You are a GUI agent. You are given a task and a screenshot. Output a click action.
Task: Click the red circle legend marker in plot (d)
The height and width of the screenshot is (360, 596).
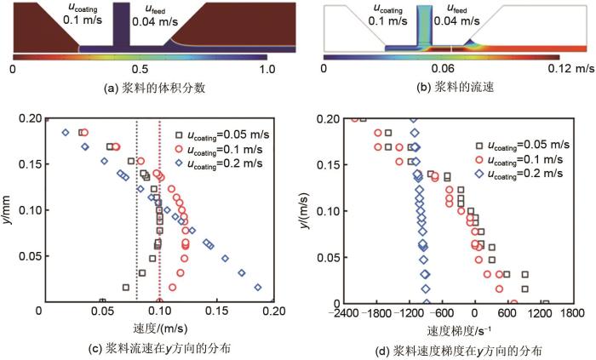click(x=479, y=158)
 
